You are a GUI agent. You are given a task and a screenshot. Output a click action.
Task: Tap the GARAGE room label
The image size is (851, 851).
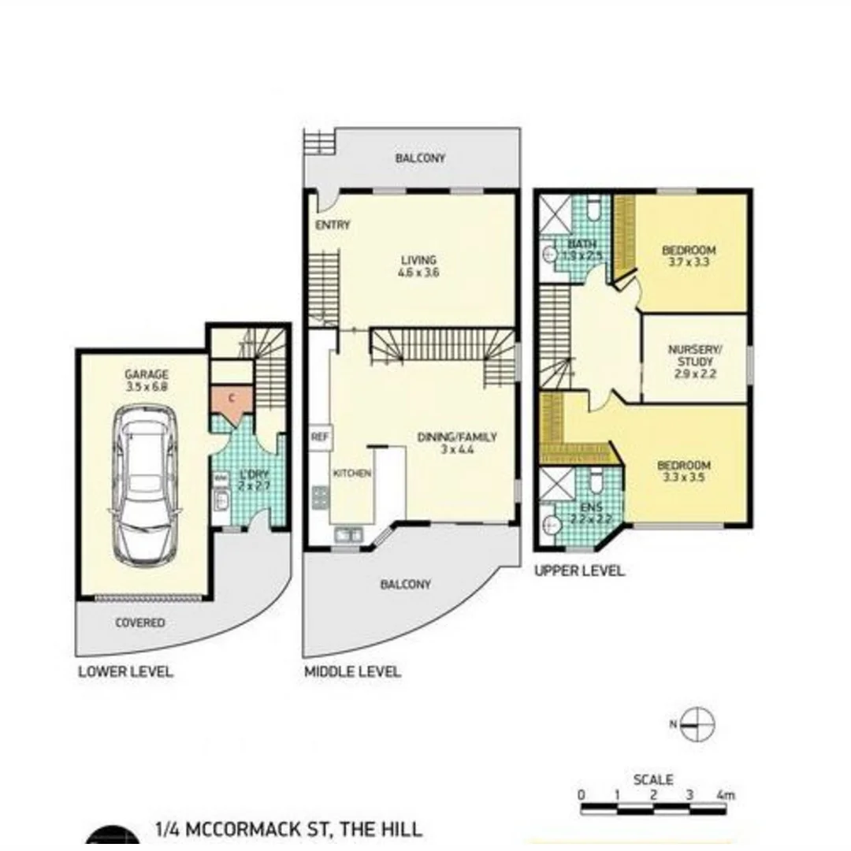click(146, 381)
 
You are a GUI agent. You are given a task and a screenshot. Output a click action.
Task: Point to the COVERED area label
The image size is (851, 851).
click(140, 622)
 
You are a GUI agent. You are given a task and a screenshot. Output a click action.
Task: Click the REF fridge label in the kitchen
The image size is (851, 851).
click(319, 437)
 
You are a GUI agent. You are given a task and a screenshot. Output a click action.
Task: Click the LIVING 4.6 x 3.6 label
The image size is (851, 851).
click(418, 266)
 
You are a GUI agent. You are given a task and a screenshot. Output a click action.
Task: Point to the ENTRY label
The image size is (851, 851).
click(333, 225)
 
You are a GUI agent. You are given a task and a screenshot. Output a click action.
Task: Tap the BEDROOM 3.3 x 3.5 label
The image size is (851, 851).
click(684, 470)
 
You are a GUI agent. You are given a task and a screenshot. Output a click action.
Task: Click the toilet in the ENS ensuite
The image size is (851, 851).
click(596, 480)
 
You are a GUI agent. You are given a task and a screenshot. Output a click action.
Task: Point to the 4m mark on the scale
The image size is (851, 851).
click(726, 795)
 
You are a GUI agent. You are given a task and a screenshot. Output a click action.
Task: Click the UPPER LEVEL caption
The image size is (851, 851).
click(579, 570)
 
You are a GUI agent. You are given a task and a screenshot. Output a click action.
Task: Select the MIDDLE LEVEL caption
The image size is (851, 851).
click(352, 672)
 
